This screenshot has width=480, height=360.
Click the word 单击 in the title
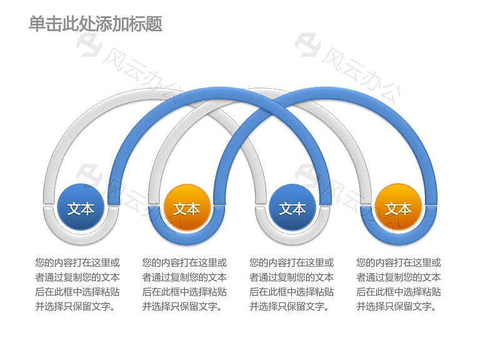(x=45, y=24)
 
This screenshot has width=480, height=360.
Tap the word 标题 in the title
(x=146, y=24)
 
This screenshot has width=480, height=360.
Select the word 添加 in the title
(x=112, y=24)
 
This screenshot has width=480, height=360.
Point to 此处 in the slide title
(x=79, y=24)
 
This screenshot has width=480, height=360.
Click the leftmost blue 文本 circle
(x=81, y=207)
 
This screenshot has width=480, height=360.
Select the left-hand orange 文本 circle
(x=187, y=207)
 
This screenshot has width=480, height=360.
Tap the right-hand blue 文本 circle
(x=292, y=207)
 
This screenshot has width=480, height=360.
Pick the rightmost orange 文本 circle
(x=398, y=207)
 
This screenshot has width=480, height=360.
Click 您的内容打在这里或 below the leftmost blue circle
(x=77, y=262)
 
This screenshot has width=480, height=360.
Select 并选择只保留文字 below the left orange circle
(x=180, y=306)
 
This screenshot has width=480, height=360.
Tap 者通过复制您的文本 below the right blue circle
(x=291, y=277)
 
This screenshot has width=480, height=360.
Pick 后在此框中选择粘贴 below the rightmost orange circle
(x=399, y=292)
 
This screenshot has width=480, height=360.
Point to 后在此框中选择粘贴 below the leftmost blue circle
(x=77, y=292)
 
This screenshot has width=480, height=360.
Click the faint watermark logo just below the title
(x=89, y=45)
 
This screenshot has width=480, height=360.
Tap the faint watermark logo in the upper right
(x=308, y=45)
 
